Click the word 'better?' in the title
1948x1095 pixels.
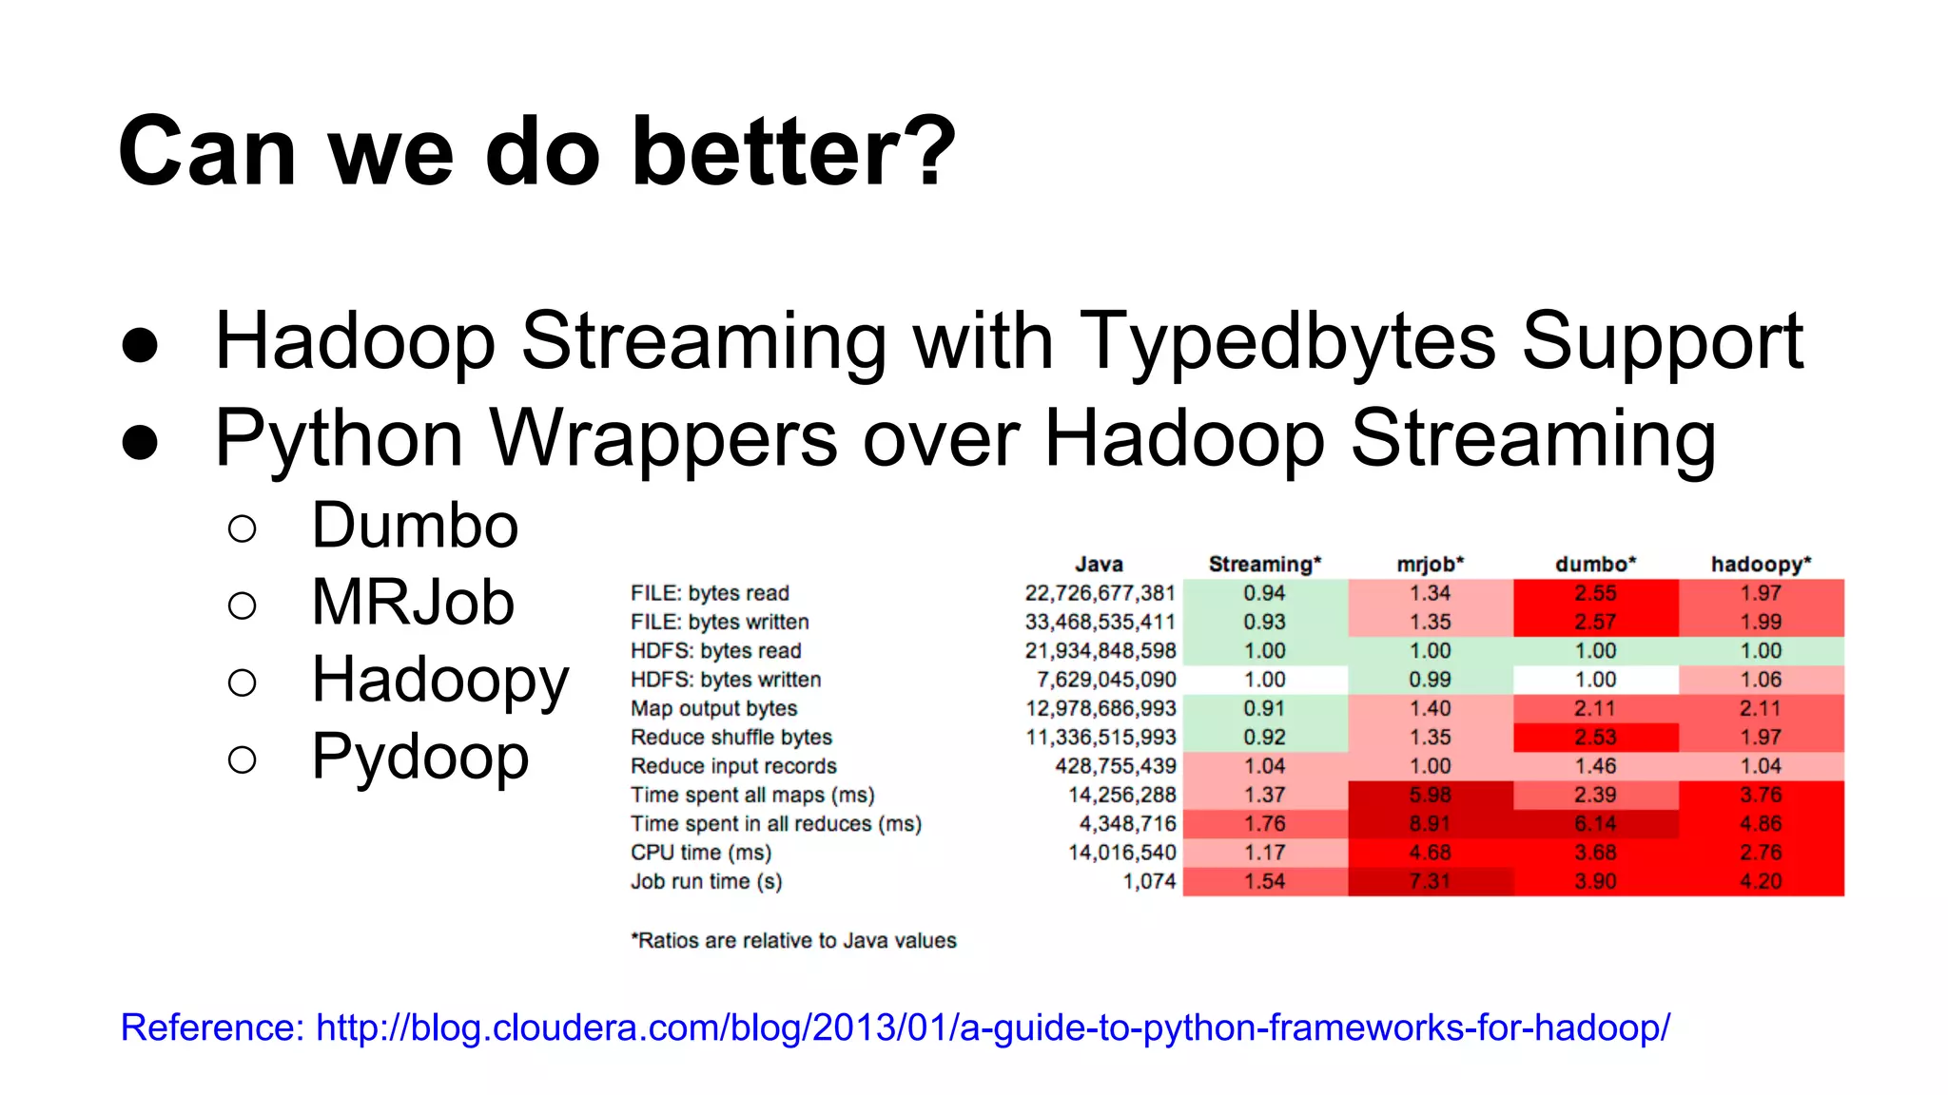pos(794,152)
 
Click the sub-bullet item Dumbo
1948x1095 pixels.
pos(415,526)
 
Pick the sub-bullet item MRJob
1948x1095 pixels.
pos(413,603)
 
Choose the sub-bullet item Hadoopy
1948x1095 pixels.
pos(439,681)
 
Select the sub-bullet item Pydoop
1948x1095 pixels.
pos(419,758)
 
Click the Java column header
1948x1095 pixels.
pos(1099,564)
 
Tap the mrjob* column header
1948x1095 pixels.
pos(1430,564)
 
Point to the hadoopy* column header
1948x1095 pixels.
pos(1761,564)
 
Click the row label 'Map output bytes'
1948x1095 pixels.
pos(713,708)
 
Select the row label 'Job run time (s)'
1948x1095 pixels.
pos(706,881)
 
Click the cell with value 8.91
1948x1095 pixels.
pos(1430,824)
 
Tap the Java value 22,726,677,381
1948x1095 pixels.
pos(1100,593)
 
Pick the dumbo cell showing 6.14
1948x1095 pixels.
pos(1595,824)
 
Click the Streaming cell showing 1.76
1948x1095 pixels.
pos(1264,824)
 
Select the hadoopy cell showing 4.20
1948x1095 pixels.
pos(1761,881)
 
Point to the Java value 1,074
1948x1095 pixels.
pos(1149,881)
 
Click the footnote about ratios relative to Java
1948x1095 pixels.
pos(793,940)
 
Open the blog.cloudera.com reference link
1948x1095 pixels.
pos(992,1028)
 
